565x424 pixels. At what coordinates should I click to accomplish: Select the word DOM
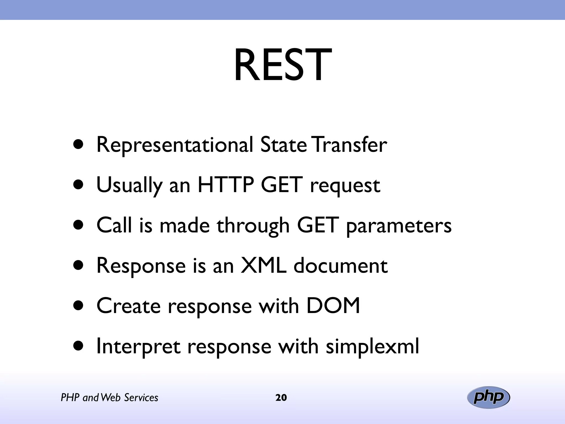333,306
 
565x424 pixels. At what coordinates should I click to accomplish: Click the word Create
129,306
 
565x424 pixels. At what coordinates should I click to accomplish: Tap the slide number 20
281,398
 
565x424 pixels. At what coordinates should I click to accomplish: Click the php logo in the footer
488,397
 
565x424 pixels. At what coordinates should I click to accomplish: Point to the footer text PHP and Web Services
110,398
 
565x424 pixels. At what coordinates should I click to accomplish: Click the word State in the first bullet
283,145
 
